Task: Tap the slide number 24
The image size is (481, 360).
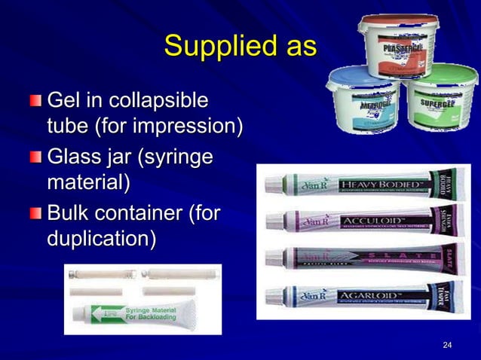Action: [447, 345]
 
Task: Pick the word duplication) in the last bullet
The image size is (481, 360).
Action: [102, 239]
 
